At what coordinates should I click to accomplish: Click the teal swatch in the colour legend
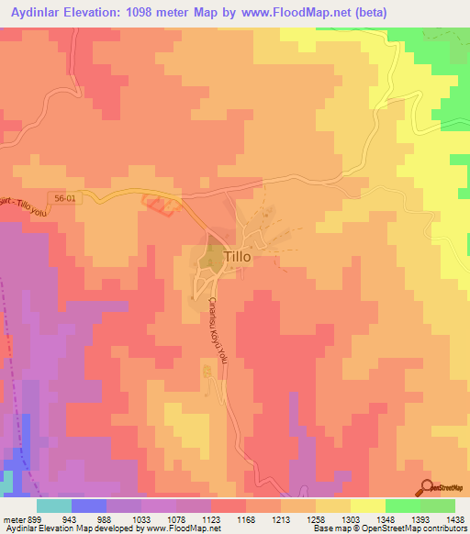tap(53, 506)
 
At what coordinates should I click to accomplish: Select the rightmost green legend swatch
tap(437, 506)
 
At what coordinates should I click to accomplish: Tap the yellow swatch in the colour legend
tap(367, 506)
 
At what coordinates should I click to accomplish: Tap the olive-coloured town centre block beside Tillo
tap(210, 259)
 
